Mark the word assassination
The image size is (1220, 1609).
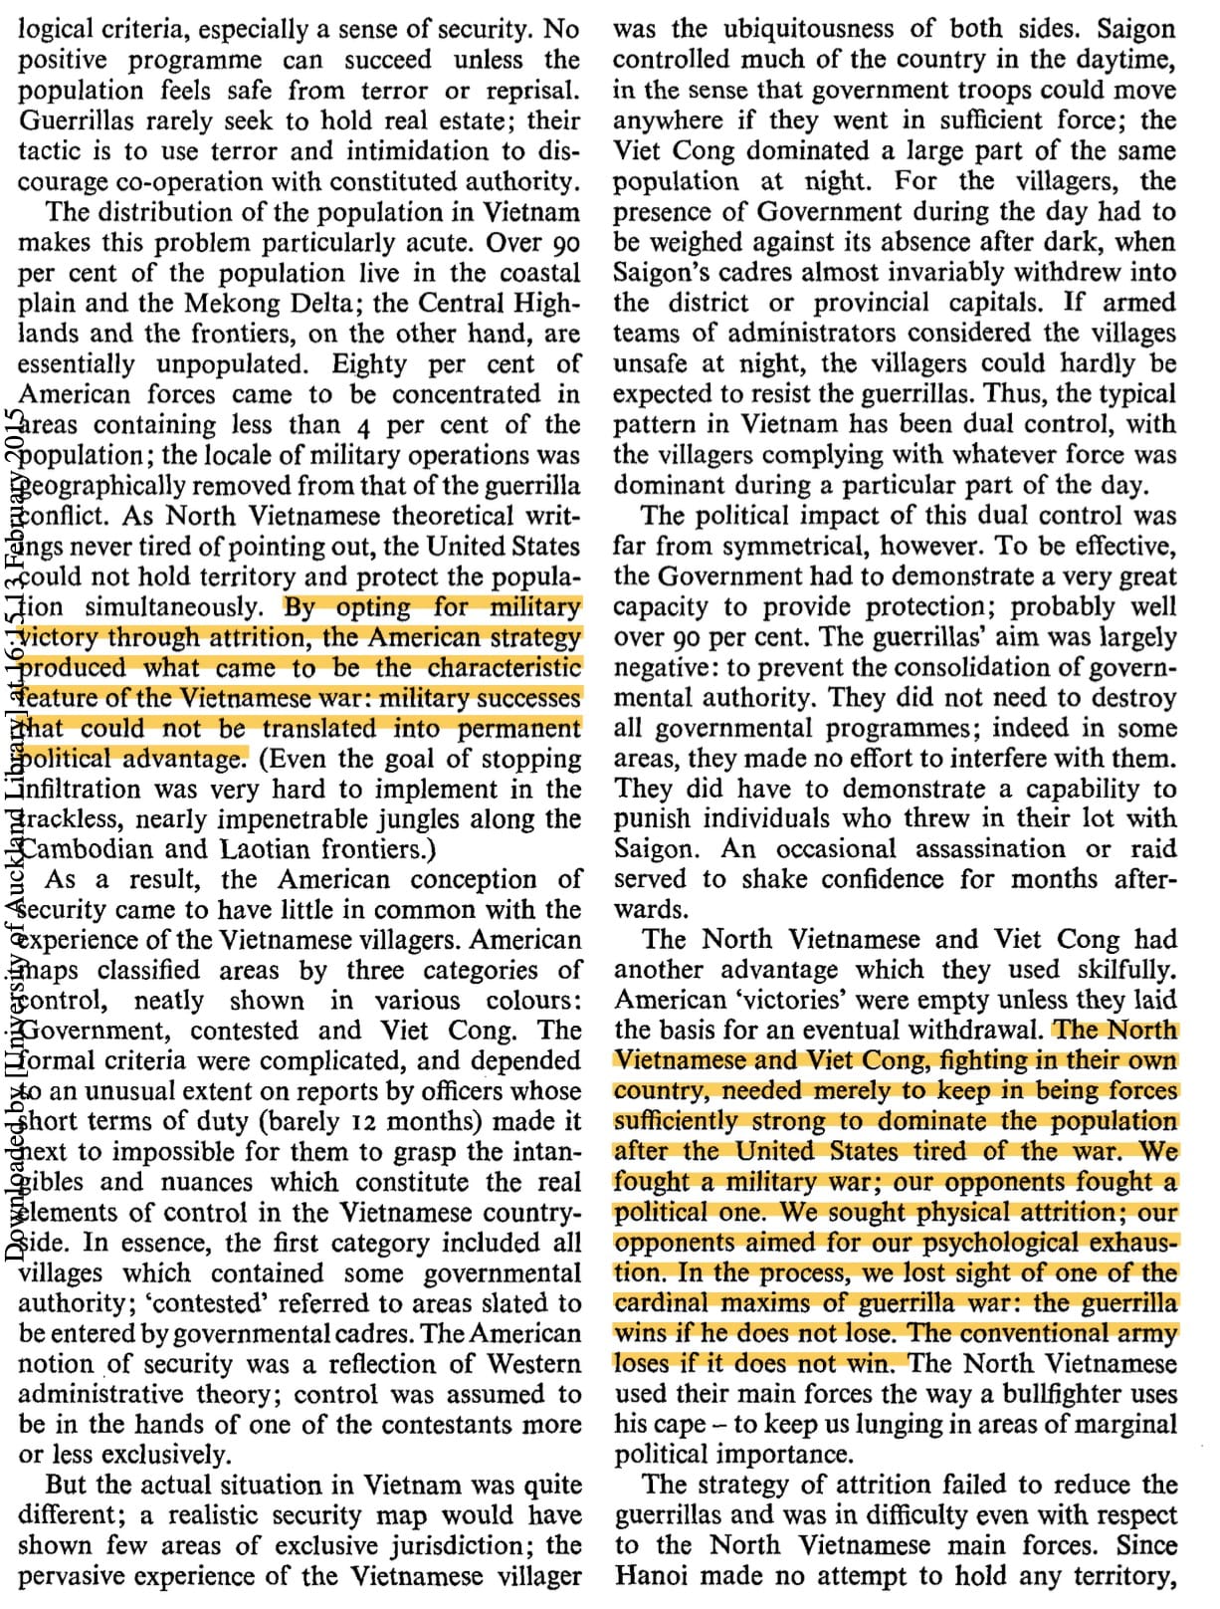[x=986, y=849]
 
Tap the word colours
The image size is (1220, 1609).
[x=532, y=1001]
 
